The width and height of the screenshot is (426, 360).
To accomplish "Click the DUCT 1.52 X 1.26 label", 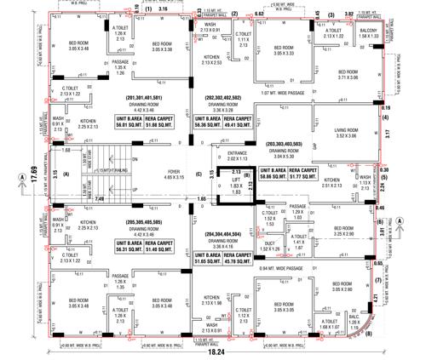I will coord(271,244).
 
